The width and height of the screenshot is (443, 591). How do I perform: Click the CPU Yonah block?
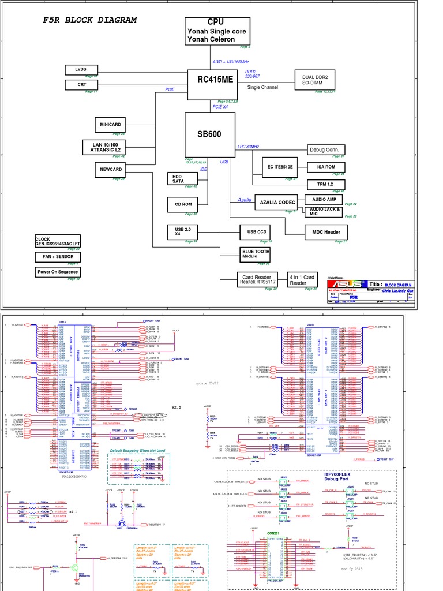point(211,31)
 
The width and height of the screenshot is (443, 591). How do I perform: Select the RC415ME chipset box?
point(211,80)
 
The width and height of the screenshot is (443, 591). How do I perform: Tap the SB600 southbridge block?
point(209,134)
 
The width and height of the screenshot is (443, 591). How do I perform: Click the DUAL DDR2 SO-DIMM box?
point(314,80)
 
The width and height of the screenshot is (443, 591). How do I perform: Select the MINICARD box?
point(110,124)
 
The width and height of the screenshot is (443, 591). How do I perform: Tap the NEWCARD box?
point(110,169)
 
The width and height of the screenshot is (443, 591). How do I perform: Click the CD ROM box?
point(183,204)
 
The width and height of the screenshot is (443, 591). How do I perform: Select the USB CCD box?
point(255,232)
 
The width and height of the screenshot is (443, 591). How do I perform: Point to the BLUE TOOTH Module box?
point(255,254)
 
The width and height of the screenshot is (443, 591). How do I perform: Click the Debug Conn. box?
point(325,149)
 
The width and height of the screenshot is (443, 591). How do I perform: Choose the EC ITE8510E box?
point(279,166)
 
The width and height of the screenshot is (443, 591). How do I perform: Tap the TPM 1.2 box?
point(325,184)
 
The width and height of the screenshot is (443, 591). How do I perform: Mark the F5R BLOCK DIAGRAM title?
point(90,20)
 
